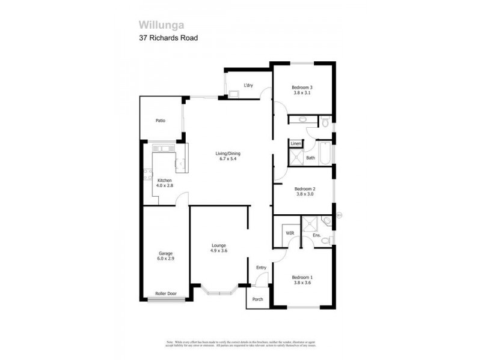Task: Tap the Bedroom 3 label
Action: (x=302, y=87)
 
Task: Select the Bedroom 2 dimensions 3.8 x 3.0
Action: (x=305, y=194)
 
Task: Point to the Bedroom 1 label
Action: (x=302, y=277)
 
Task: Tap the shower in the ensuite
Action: (x=310, y=224)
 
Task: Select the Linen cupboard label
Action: (x=296, y=144)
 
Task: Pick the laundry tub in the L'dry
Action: (x=233, y=93)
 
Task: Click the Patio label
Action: (x=160, y=121)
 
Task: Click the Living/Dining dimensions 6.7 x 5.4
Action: (x=228, y=160)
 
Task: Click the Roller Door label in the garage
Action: (x=165, y=294)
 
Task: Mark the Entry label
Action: (x=261, y=268)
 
